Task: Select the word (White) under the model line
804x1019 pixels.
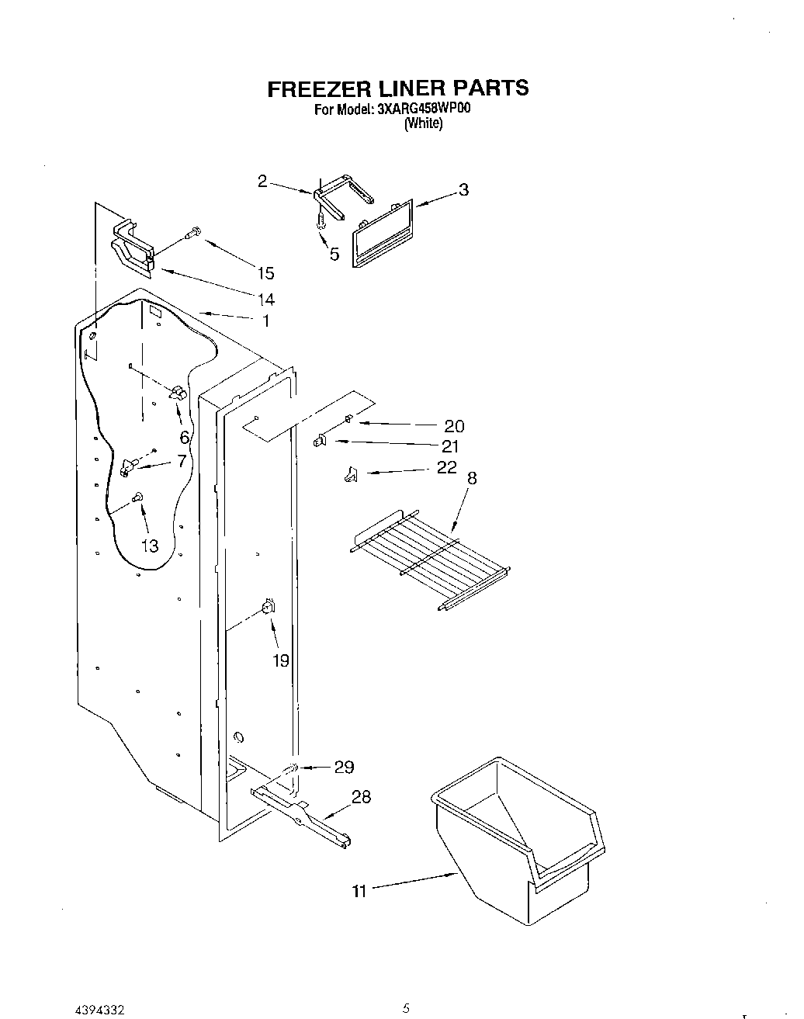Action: [424, 123]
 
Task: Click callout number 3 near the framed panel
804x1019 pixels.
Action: [463, 189]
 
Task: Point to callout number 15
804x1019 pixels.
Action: [265, 272]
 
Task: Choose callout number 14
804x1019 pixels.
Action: [265, 299]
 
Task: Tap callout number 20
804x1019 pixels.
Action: [454, 425]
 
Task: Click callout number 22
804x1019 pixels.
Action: [447, 468]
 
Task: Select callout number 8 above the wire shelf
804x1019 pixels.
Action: [472, 479]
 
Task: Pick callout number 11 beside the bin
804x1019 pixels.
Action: [359, 891]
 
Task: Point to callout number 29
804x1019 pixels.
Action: [344, 767]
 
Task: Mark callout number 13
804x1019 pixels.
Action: [150, 546]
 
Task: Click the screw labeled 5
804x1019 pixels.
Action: [319, 223]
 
